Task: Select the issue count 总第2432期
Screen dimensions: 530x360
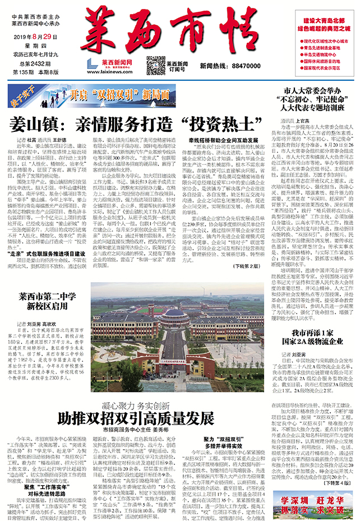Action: click(24, 64)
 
